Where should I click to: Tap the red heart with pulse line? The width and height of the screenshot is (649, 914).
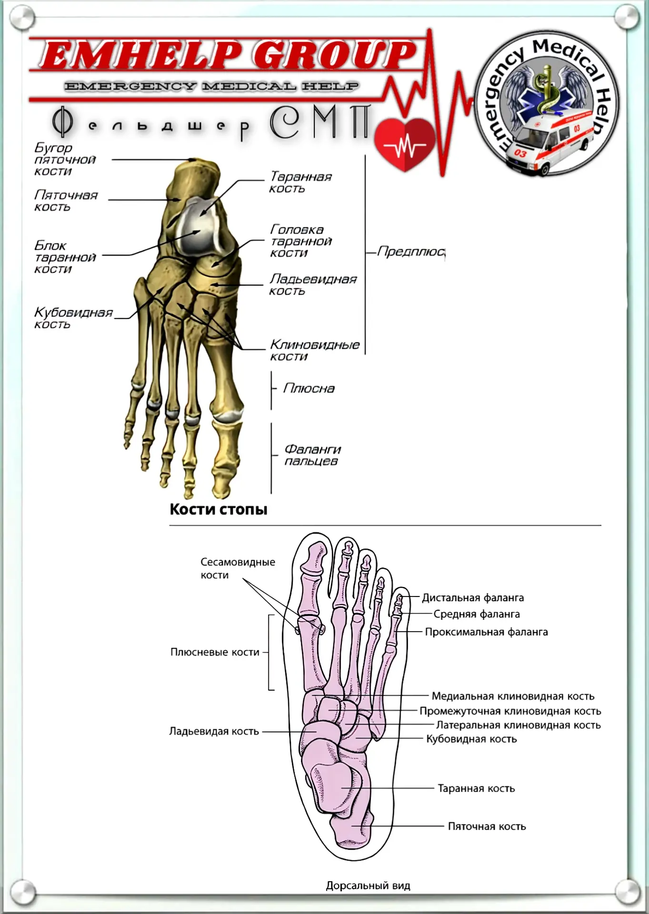(405, 144)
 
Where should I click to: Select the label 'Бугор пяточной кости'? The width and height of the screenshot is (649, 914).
(65, 159)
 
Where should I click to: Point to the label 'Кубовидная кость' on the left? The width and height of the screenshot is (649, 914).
(73, 318)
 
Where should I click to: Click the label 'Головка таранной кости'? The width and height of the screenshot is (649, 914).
(301, 241)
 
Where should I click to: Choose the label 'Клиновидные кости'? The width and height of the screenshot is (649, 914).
(315, 350)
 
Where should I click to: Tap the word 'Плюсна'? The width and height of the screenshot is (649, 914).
(309, 388)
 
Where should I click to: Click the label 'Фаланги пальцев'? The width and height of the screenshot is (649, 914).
(312, 455)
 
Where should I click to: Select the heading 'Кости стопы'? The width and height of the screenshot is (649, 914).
(219, 509)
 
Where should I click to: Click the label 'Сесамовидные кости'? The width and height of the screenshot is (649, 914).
(238, 568)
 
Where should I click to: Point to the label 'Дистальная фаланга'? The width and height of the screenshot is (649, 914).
(473, 598)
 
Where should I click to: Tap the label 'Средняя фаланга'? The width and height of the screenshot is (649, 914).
(477, 615)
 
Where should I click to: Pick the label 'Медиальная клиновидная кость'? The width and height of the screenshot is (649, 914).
(513, 696)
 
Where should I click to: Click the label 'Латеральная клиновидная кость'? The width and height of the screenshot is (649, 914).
(519, 725)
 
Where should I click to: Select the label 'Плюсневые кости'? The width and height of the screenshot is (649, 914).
(215, 652)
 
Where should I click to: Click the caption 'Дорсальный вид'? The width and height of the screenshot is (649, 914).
(368, 886)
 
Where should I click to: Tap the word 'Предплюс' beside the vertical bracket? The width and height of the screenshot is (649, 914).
(411, 251)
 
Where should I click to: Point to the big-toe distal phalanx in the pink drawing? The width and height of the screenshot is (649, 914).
(315, 558)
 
